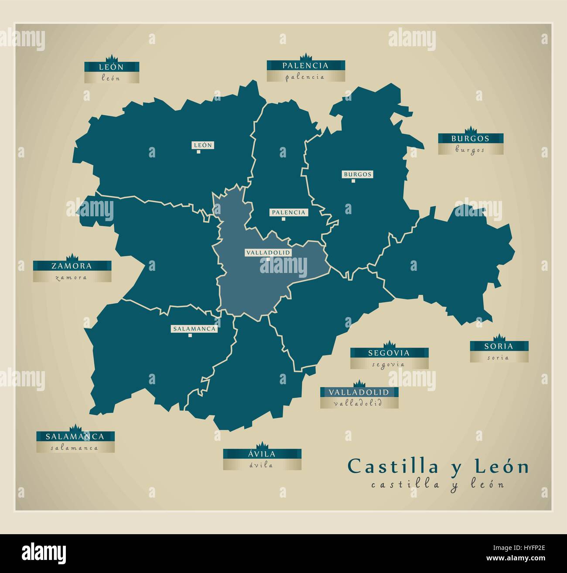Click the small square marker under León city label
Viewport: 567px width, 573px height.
pos(198,152)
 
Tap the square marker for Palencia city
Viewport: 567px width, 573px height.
pos(283,219)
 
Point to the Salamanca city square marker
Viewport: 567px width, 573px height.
pos(190,335)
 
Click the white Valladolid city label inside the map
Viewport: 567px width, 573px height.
pos(268,252)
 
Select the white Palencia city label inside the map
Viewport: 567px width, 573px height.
pos(288,212)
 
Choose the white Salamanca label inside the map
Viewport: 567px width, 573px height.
pos(194,329)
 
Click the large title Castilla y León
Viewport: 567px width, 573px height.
pos(438,466)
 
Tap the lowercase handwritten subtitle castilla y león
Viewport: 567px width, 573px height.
pos(437,484)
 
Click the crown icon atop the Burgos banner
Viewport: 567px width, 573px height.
pos(470,130)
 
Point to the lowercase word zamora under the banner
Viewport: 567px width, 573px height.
pos(72,277)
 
